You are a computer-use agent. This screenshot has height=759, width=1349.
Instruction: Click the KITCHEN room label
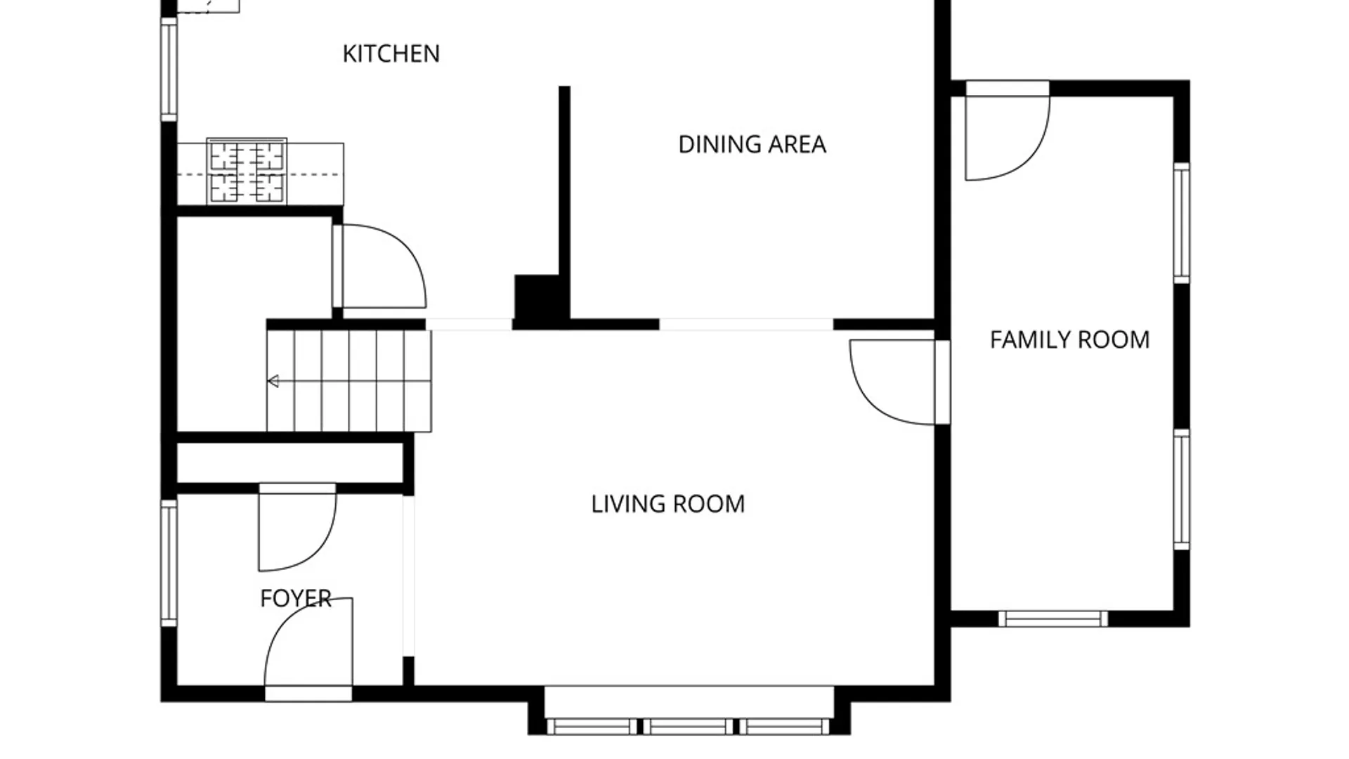coord(391,54)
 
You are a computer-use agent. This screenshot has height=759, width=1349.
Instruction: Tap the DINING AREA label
coord(752,145)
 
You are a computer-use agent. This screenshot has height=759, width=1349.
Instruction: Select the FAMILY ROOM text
coord(1069,340)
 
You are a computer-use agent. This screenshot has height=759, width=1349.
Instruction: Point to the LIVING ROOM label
coord(667,504)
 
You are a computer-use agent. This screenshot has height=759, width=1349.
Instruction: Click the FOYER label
coord(295,598)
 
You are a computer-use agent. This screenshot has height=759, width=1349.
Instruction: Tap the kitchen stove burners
coord(247,171)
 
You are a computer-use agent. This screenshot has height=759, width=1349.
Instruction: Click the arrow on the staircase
coord(273,382)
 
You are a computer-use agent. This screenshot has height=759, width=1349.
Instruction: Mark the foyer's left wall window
coord(169,563)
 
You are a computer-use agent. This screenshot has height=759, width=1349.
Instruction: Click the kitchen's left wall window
coord(169,69)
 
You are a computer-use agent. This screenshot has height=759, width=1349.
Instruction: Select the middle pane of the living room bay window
coord(689,726)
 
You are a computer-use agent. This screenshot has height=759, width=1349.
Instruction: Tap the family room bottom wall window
coord(1053,618)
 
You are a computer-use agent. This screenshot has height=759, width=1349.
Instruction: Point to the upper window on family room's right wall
coord(1182,223)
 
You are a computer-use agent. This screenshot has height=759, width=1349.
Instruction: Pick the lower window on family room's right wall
coord(1182,489)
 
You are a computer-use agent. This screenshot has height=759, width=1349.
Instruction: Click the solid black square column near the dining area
coord(537,298)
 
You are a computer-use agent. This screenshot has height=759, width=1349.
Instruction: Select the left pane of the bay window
coord(592,726)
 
